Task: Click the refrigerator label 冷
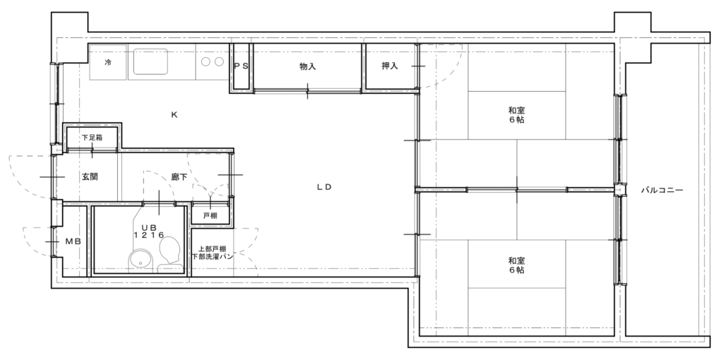coord(108,62)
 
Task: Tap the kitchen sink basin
coord(151,61)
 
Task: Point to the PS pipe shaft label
coord(241,66)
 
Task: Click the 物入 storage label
coord(308,66)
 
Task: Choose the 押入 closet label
coord(390,66)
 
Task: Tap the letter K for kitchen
coord(174,115)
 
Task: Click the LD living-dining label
coord(325,187)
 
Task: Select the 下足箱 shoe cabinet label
coord(92,138)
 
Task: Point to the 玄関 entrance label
coord(90,176)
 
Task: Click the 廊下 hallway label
coord(179,176)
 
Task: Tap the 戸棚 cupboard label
coord(210,216)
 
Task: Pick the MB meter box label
coord(73,241)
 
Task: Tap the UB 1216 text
coord(149,231)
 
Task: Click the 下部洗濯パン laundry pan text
coord(213,256)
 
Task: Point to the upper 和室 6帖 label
coord(516,115)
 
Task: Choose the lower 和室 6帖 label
coord(516,265)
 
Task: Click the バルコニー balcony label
coord(662,190)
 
